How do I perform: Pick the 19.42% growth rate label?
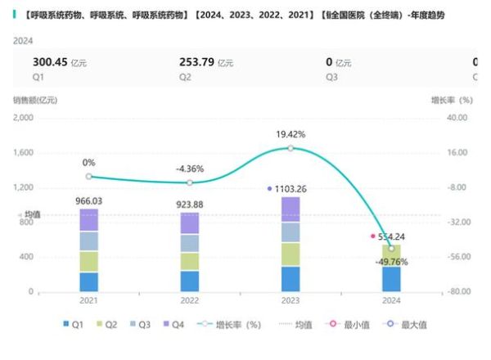(x=291, y=133)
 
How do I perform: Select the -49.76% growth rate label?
(x=390, y=263)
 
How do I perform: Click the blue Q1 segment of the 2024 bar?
(x=391, y=279)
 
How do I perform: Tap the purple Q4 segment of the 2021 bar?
(x=88, y=220)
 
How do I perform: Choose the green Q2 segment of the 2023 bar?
(x=291, y=254)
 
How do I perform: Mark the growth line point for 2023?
(x=291, y=148)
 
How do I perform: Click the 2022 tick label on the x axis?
(x=189, y=300)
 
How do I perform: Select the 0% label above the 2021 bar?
(x=88, y=162)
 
